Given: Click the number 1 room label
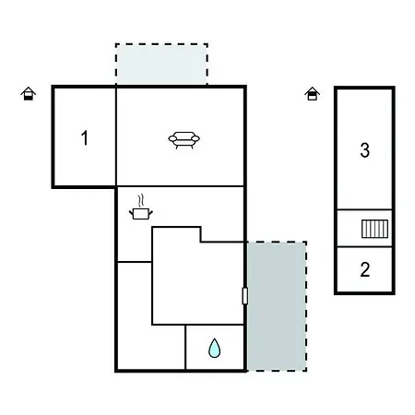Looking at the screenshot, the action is tap(85, 137).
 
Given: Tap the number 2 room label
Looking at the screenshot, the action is tap(365, 269).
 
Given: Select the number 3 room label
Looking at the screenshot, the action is tap(365, 150).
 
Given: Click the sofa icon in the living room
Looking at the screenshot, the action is tap(184, 140).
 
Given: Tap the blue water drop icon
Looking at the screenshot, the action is tap(214, 349).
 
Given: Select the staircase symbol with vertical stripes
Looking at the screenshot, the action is tap(374, 229).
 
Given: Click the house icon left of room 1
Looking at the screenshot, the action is tap(29, 94).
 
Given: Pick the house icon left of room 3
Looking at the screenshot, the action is tap(312, 94).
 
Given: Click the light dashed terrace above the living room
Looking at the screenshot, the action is tap(161, 64).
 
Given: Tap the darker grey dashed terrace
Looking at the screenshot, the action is tap(277, 306).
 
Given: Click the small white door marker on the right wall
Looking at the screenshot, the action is tap(245, 296).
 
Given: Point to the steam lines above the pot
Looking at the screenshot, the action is tap(141, 201).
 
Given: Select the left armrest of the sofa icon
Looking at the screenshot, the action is tap(172, 138).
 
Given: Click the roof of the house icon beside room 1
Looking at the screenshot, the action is tap(29, 90).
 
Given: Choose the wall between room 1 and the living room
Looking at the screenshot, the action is tap(116, 137).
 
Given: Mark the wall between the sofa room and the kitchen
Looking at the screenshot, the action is tap(181, 186).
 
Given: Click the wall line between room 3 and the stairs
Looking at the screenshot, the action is tap(364, 209).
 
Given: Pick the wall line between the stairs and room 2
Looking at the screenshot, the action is tap(364, 246).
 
